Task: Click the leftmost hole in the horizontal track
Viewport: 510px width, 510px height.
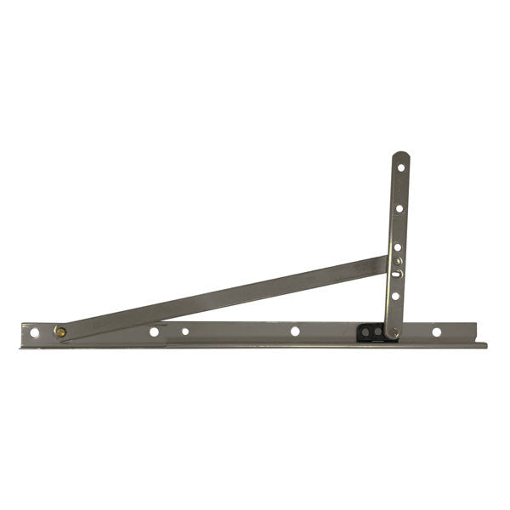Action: (x=35, y=332)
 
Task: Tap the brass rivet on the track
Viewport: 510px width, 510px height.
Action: (x=61, y=331)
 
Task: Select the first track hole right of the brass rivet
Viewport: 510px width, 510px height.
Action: (x=154, y=331)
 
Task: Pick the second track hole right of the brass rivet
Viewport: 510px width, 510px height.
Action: (x=185, y=331)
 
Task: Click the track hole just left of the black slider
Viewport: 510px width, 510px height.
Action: (x=295, y=331)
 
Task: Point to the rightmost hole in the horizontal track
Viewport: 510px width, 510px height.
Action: (x=436, y=331)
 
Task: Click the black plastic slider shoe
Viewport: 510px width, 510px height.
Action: (x=372, y=331)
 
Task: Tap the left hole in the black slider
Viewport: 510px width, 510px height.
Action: (x=364, y=331)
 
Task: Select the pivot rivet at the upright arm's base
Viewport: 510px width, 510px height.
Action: (x=392, y=332)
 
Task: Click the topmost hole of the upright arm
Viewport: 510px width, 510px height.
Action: (x=401, y=167)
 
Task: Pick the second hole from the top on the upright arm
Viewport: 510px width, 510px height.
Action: (x=399, y=207)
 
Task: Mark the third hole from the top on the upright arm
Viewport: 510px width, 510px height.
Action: (x=398, y=246)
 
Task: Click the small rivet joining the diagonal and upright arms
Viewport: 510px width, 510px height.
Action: (x=397, y=261)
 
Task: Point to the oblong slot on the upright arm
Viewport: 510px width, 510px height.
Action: (x=396, y=275)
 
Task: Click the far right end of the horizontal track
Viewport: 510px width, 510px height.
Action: (x=484, y=344)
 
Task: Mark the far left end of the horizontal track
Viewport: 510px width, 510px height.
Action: (x=22, y=335)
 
